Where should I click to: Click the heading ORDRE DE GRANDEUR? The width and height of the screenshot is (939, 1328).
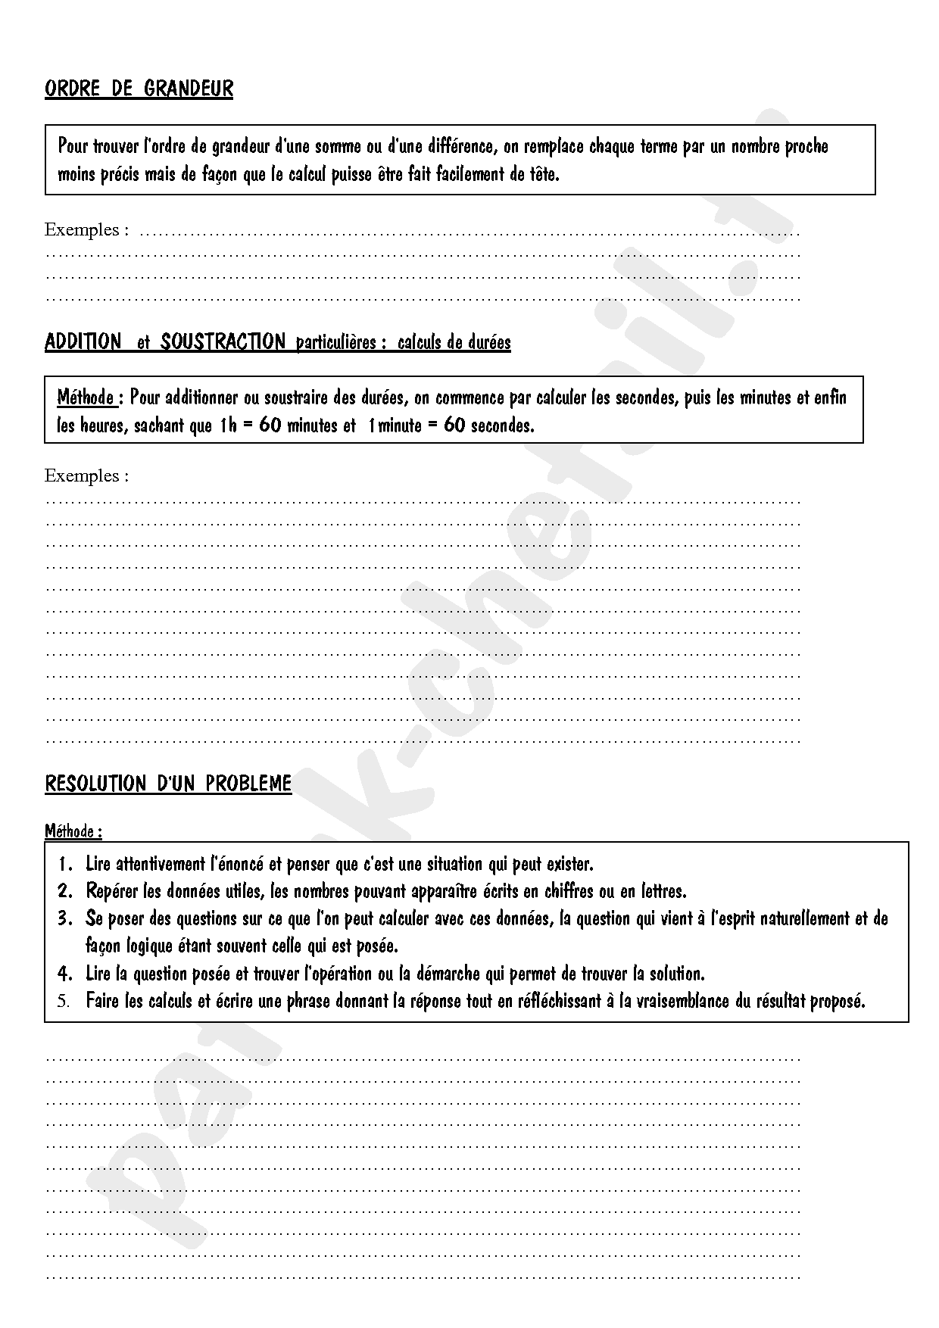pos(139,89)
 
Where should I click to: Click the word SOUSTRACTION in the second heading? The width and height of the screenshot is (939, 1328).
pos(223,341)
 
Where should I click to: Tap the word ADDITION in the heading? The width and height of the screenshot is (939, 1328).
pos(83,341)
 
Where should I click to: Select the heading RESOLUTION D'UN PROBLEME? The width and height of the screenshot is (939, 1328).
pos(168,783)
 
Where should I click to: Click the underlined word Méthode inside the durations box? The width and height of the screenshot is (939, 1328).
pos(86,397)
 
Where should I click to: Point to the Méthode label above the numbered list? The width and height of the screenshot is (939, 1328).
pos(73,831)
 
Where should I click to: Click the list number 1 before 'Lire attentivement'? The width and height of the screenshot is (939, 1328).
pos(65,864)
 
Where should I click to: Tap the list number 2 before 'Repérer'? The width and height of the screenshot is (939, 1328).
pos(65,891)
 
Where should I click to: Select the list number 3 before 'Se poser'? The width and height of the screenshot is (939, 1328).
pos(65,918)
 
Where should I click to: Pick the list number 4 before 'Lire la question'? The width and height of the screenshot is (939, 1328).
pos(65,973)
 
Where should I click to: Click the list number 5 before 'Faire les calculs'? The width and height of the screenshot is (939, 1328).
pos(64,1001)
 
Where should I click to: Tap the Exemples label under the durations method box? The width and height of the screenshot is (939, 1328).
pos(86,475)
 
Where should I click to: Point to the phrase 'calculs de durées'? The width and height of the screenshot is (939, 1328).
pos(454,342)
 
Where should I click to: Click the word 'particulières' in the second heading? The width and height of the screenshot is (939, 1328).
pos(336,342)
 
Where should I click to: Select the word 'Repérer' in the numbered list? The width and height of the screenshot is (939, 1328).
pos(113,891)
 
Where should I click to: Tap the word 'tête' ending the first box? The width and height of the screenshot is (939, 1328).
pos(543,174)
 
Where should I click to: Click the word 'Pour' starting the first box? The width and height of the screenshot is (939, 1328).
pos(73,146)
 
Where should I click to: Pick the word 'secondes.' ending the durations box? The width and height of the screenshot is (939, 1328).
pos(502,425)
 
